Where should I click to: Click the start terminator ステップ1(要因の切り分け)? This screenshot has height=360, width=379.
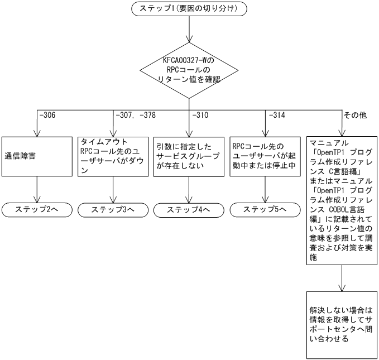189,9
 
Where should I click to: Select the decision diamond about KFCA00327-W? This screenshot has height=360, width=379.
189,71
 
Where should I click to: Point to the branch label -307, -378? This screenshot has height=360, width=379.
134,116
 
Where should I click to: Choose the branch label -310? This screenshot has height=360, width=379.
202,116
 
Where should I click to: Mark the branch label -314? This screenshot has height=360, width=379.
277,116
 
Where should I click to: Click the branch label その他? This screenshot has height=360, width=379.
355,116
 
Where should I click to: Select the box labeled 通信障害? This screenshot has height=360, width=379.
37,157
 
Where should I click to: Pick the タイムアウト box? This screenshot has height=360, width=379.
113,157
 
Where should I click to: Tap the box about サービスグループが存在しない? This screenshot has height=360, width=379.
189,157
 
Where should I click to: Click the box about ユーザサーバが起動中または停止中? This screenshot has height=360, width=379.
265,157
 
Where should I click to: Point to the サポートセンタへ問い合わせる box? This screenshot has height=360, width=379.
341,324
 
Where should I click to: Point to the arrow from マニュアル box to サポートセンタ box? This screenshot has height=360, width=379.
341,277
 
